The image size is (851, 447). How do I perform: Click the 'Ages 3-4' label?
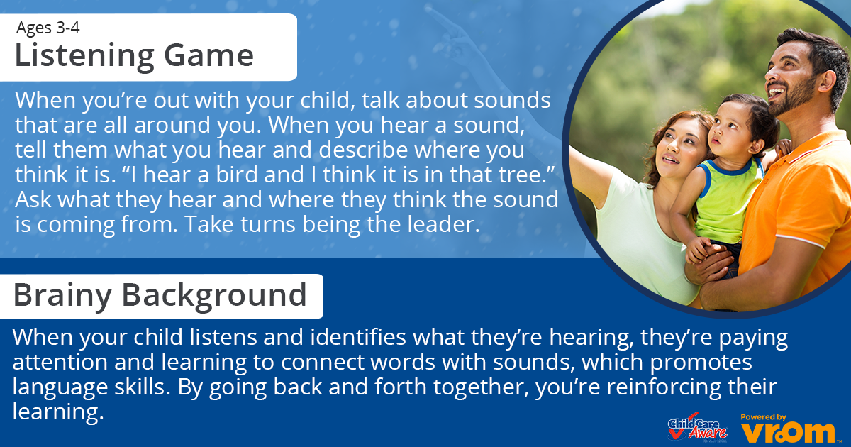(x=48, y=28)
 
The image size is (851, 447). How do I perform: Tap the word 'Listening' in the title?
(x=84, y=55)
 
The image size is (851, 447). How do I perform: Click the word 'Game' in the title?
(x=208, y=55)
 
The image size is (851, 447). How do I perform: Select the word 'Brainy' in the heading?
(x=62, y=296)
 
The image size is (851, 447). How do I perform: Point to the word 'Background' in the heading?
(x=214, y=295)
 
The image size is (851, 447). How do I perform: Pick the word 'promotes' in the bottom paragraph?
(x=701, y=363)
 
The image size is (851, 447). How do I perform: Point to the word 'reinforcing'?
(x=663, y=387)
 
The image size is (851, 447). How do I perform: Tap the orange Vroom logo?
(x=789, y=433)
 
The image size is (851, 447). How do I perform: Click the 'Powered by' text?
(x=763, y=417)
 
